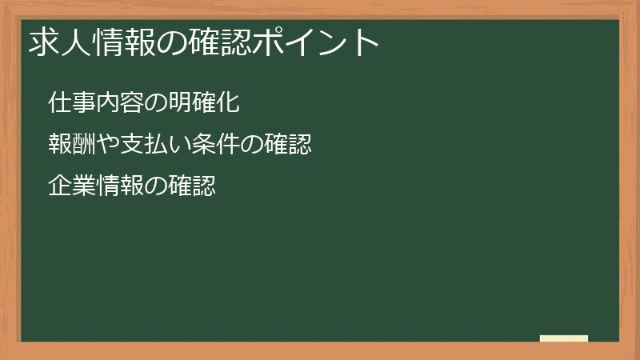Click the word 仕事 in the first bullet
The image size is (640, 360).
coord(68,103)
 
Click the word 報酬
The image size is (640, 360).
coord(68,145)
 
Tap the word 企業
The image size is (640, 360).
coord(68,186)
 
